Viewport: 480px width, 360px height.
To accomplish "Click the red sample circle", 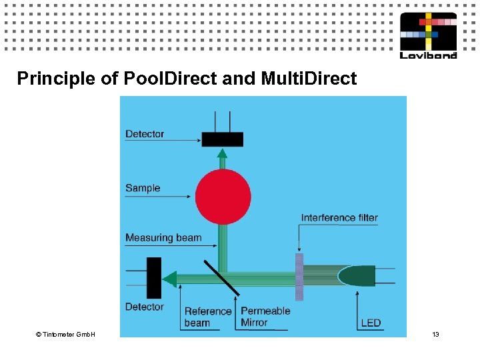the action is click(223, 197).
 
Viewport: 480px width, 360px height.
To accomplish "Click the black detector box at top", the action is click(223, 139).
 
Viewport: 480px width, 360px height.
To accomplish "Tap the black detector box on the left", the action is click(154, 278).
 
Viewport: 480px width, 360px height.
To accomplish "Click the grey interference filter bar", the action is click(299, 277).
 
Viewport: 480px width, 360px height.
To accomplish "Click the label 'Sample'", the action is click(143, 188).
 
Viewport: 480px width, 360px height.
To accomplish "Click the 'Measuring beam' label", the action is click(163, 237).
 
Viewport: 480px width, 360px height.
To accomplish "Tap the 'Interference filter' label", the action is click(339, 217).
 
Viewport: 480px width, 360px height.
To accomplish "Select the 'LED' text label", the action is click(371, 323).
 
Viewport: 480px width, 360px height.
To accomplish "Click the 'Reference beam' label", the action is click(207, 317).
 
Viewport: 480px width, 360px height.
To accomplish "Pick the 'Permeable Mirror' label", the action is click(265, 317).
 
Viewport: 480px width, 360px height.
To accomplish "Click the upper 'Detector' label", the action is click(145, 134).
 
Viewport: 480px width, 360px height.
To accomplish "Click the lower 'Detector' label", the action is click(145, 307).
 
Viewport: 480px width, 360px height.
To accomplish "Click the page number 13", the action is click(435, 333).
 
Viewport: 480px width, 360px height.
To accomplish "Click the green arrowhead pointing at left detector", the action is click(170, 278).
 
